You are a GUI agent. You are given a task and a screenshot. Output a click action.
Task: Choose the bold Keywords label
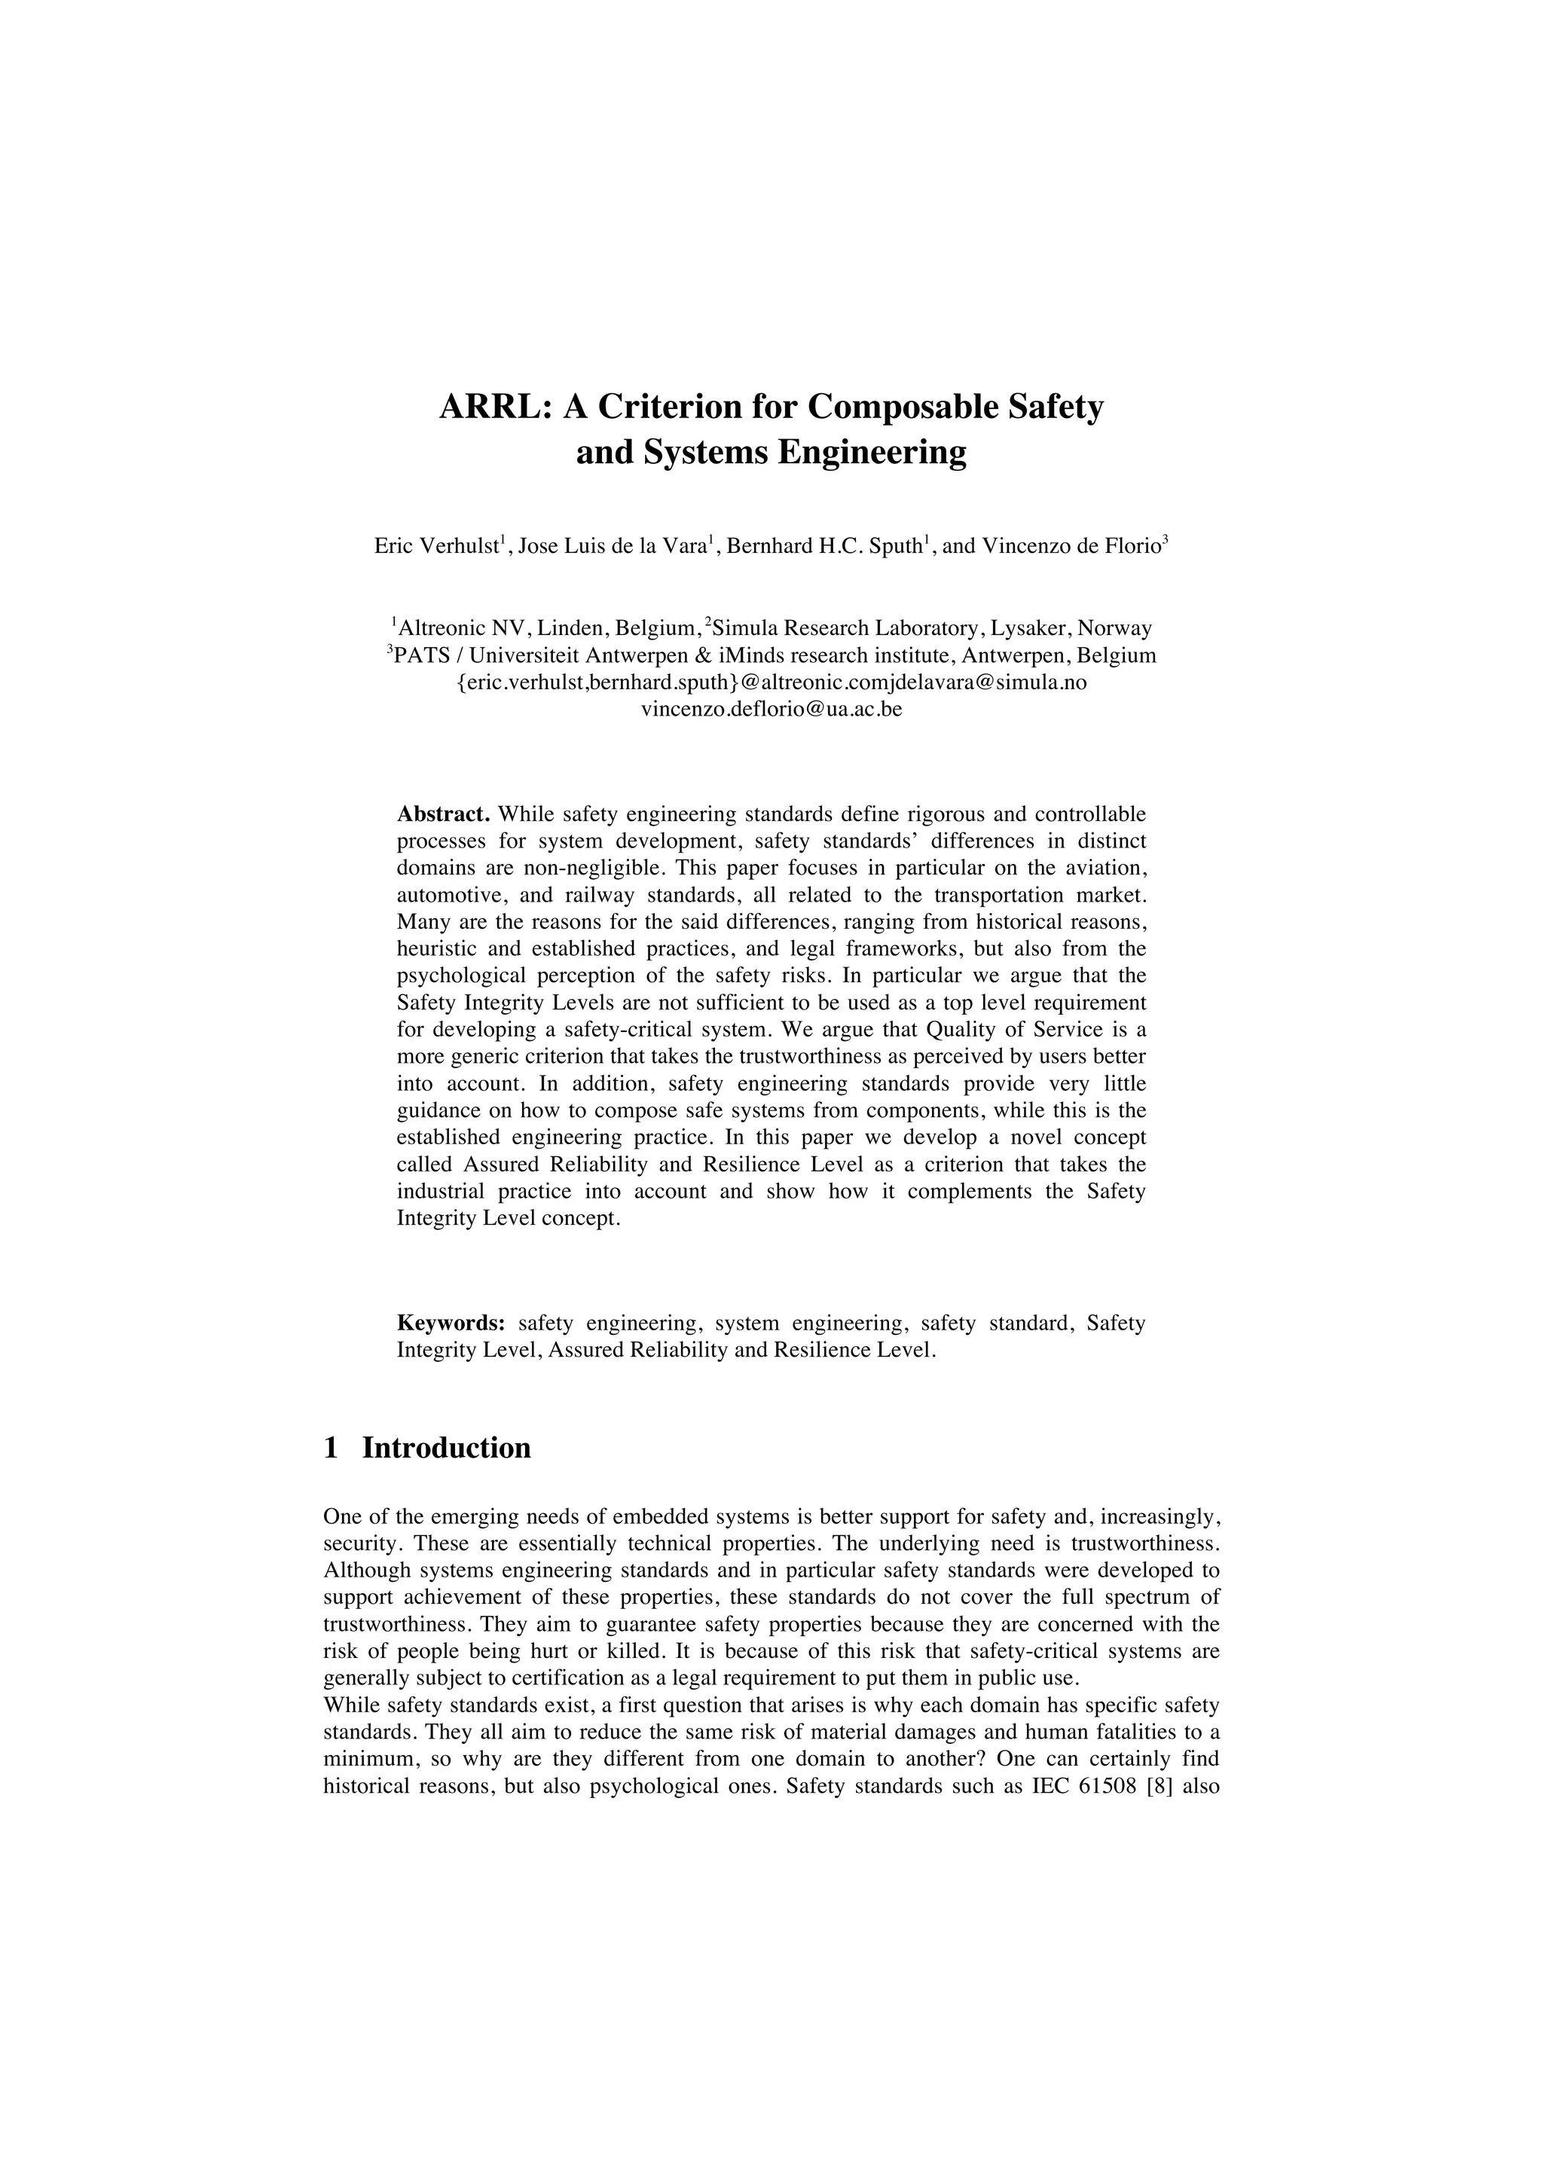click(451, 1324)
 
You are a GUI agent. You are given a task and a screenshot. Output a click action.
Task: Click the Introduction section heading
click(446, 1448)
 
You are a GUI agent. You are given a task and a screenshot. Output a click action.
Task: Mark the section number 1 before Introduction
click(331, 1448)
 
